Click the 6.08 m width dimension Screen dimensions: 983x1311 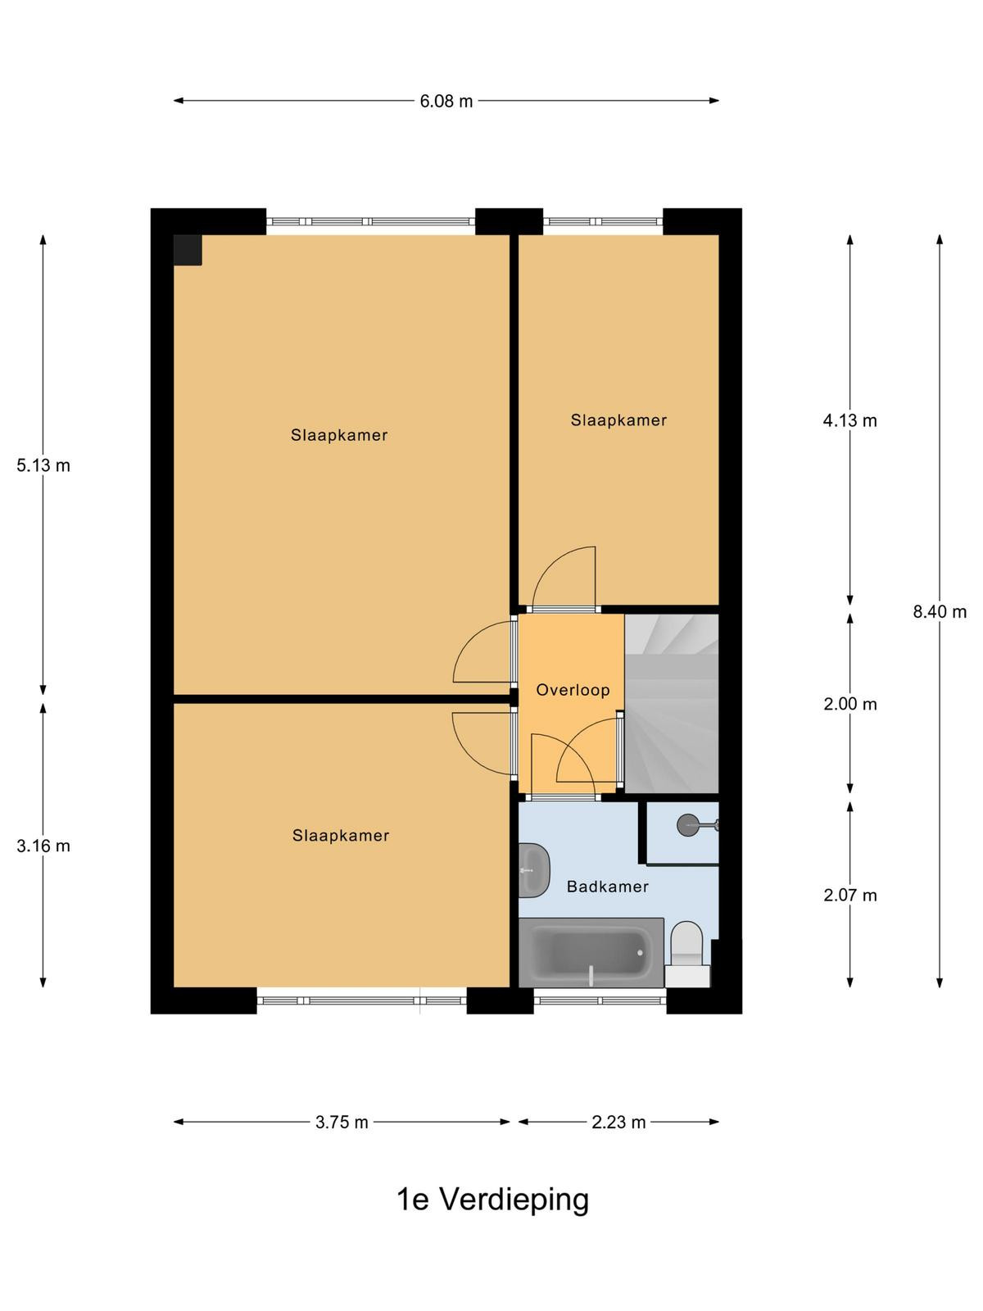coord(446,102)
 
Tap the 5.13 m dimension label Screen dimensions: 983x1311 coord(43,465)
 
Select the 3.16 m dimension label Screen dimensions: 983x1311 coord(43,846)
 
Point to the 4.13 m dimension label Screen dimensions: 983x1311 coord(850,421)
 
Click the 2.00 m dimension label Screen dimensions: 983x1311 coord(850,704)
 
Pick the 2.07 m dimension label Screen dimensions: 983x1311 coord(850,896)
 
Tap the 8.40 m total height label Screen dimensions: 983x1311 coord(940,611)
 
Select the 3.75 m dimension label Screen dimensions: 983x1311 coord(342,1123)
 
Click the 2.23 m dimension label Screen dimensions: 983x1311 coord(618,1123)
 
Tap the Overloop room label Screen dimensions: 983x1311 coord(573,691)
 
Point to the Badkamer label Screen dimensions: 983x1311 coord(607,887)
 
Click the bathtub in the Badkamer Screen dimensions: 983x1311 coord(591,952)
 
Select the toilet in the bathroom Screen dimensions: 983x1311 coord(687,955)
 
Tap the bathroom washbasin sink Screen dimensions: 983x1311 coord(533,869)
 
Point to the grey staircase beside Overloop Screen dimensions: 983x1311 coord(671,704)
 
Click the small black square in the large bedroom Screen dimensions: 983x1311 coord(188,250)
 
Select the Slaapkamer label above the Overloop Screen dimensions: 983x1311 coord(618,420)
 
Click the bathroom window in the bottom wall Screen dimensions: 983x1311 coord(600,1000)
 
